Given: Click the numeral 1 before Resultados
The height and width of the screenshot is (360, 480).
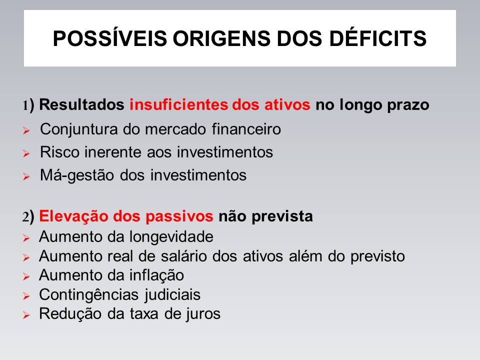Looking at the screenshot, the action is pos(25,105).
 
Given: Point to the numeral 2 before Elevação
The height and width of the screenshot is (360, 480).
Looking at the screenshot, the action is pos(25,217).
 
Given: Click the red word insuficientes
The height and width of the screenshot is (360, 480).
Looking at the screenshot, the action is pos(179,104).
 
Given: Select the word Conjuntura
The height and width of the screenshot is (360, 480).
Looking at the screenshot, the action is pos(78,129).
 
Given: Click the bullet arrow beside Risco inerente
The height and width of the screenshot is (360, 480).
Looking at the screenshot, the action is pos(26,153).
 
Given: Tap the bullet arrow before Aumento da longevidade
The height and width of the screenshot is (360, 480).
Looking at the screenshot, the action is pos(26,238).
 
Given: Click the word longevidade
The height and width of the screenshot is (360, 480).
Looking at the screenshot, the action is pos(171,237).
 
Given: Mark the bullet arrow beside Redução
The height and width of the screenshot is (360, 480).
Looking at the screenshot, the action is pos(26,315).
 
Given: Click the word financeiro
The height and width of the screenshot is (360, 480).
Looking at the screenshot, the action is pos(246,129).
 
